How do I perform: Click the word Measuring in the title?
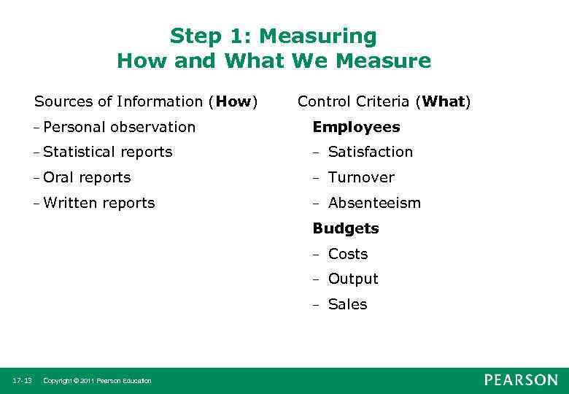[x=318, y=36]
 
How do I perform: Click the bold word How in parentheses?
[x=233, y=101]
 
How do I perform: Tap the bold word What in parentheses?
[x=443, y=101]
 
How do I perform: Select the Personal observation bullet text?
[x=119, y=127]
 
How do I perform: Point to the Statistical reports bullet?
[x=107, y=152]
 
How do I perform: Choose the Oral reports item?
[x=87, y=177]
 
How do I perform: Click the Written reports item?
[x=98, y=203]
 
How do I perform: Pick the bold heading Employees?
[x=356, y=127]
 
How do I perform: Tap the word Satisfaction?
[x=370, y=152]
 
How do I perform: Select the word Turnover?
[x=360, y=177]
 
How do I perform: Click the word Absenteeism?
[x=374, y=203]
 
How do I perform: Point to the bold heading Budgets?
[x=346, y=228]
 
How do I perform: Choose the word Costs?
[x=348, y=254]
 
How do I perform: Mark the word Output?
[x=353, y=279]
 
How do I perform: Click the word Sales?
[x=347, y=304]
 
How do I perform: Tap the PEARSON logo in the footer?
[x=520, y=380]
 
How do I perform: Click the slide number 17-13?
[x=22, y=381]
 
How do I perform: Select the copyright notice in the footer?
[x=97, y=381]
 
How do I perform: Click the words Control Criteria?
[x=354, y=101]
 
